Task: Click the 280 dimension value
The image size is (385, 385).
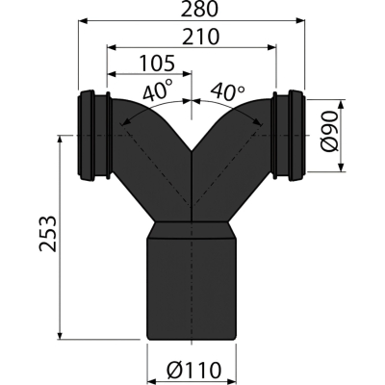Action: coord(199,10)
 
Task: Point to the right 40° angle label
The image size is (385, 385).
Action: coord(227,91)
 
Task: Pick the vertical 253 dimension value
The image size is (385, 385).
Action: coord(48,234)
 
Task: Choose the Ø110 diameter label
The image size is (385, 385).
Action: coord(193,371)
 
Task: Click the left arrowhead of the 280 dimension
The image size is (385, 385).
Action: coord(84,21)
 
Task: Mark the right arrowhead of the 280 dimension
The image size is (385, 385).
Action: coord(299,21)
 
